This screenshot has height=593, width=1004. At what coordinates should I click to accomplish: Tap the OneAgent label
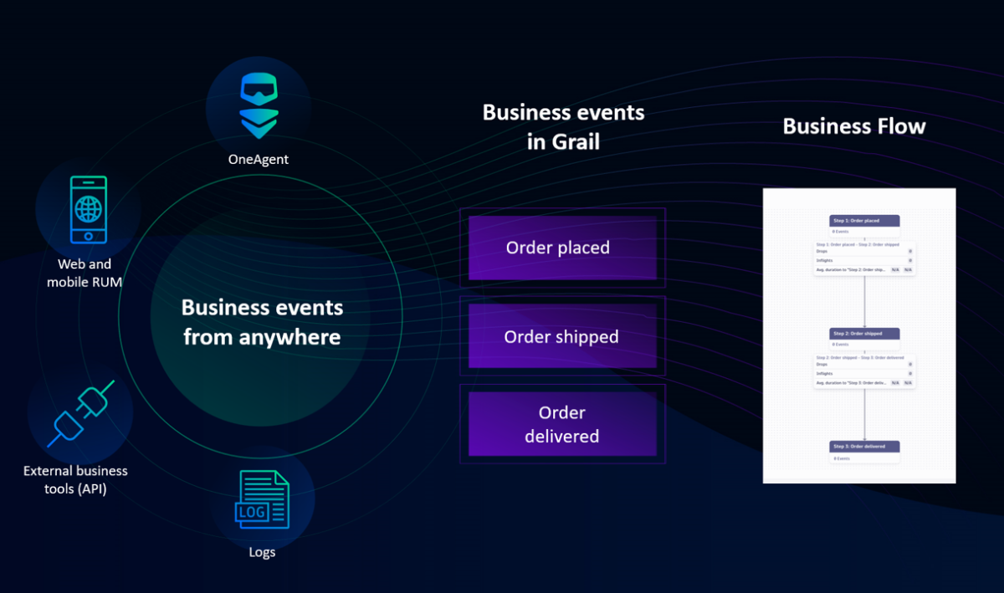tap(259, 159)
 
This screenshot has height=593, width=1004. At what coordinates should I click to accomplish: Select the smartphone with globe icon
tap(88, 209)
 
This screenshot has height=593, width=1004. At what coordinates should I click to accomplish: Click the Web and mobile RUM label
tap(85, 273)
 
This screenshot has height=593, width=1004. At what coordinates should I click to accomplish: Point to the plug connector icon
tap(81, 412)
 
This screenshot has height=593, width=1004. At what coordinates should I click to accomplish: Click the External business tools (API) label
tap(76, 479)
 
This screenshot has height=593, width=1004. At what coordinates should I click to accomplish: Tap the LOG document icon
tap(263, 499)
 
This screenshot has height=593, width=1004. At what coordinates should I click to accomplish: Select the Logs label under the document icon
tap(262, 552)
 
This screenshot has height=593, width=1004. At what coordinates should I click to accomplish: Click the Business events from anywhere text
tap(262, 322)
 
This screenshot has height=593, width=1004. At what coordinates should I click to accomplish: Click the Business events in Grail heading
tap(563, 126)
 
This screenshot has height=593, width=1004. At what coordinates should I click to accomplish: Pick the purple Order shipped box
tap(562, 336)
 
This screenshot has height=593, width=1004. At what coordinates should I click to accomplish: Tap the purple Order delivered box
tap(562, 424)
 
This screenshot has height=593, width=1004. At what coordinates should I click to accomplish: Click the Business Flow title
tap(854, 126)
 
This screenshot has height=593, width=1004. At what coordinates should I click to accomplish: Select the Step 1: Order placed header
tap(864, 221)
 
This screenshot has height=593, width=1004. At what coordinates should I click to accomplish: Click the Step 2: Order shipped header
tap(864, 333)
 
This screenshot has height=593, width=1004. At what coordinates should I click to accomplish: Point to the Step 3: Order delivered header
tap(864, 446)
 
